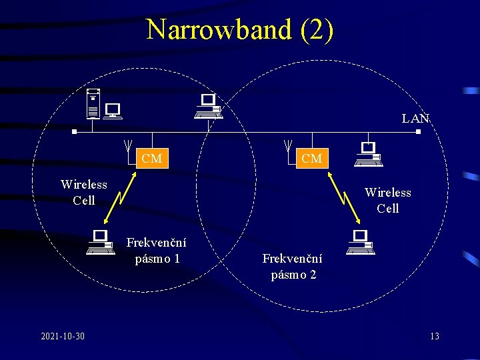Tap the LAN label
coord(415,119)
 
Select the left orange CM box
coord(151,159)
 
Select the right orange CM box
coord(311,159)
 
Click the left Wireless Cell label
coord(84,192)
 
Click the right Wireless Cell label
coord(388,200)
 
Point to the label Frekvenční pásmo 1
coord(157,251)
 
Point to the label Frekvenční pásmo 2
coord(293,266)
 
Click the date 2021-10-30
coord(62,336)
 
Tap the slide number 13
coord(434,336)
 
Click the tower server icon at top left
coord(95,104)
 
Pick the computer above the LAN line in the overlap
coord(209,107)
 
